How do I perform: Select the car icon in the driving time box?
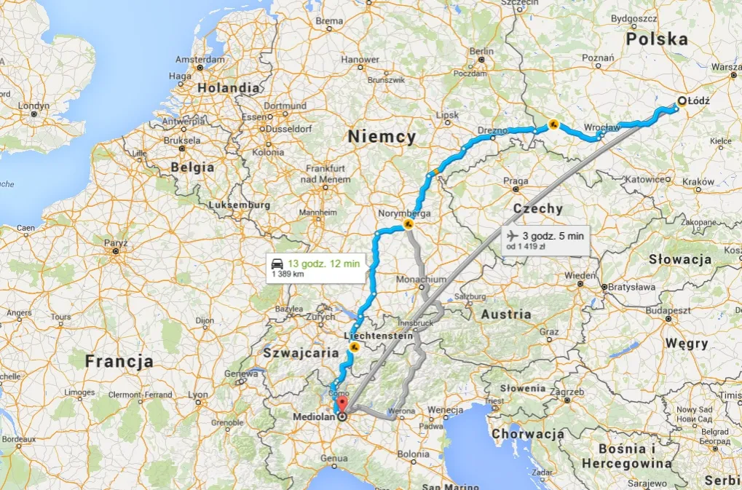(277, 263)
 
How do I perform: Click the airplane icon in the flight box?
(512, 235)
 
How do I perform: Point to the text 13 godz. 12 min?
(323, 263)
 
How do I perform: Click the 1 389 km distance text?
(288, 274)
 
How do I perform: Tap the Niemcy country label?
(382, 136)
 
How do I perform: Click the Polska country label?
(658, 39)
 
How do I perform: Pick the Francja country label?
(119, 361)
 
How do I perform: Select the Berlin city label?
(481, 52)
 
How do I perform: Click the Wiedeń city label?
(580, 276)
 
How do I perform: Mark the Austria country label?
(506, 315)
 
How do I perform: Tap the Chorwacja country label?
(528, 434)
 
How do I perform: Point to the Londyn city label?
(33, 106)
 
